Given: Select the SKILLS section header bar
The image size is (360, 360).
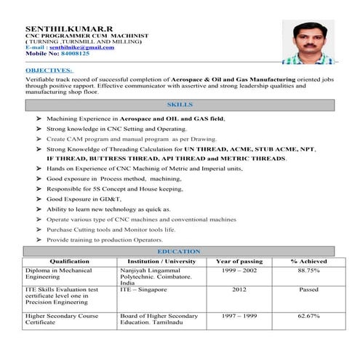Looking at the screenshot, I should tap(179, 105).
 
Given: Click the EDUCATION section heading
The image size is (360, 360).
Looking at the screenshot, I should tap(178, 252).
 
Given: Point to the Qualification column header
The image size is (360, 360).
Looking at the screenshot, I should tap(70, 260).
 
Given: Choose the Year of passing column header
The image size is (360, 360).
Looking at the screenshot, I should tap(239, 260).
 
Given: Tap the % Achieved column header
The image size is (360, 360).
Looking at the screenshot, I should tap(308, 260).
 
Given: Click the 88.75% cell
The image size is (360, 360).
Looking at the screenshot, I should tap(308, 270).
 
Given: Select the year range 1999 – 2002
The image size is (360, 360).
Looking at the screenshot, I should tap(239, 270).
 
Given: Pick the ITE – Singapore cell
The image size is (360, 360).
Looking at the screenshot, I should tap(143, 289).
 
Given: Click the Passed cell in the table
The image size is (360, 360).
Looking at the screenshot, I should tap(308, 289).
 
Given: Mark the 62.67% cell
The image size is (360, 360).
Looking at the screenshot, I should tap(308, 316).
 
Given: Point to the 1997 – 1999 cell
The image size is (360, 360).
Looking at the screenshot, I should tap(239, 316).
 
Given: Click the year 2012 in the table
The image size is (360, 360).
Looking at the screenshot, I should tap(239, 289).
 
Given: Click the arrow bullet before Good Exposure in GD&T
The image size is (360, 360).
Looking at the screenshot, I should tap(38, 199).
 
